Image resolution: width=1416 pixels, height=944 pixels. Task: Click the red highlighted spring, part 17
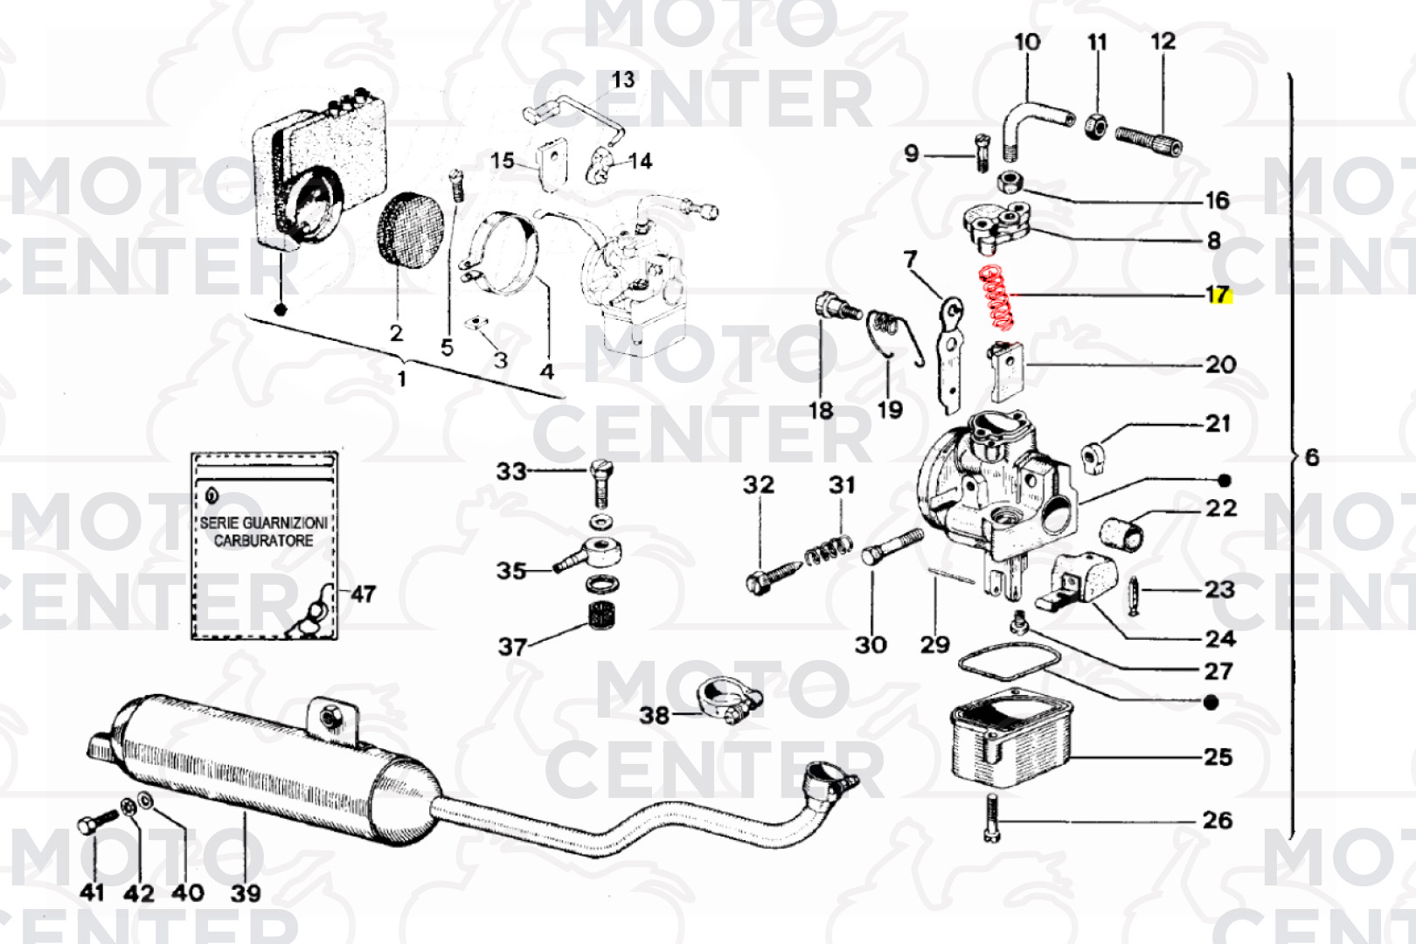pos(997,298)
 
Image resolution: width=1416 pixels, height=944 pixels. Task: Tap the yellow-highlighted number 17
pos(1218,295)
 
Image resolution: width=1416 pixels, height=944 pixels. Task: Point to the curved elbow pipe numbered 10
pos(1031,123)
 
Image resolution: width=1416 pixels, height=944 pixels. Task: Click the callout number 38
pos(654,716)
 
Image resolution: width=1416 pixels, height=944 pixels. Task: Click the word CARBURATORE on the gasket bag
pos(263,541)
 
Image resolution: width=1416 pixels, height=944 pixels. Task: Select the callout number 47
pos(363,594)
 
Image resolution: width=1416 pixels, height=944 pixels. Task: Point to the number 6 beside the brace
pos(1311,457)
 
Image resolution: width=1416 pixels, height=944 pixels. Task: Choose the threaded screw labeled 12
pos(1149,141)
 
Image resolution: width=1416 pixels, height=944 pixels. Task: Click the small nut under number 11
pos(1095,126)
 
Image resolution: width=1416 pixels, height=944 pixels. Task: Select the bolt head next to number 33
pos(602,472)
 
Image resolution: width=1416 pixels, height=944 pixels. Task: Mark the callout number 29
pos(934,645)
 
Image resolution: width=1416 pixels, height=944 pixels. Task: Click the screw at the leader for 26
pos(990,818)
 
